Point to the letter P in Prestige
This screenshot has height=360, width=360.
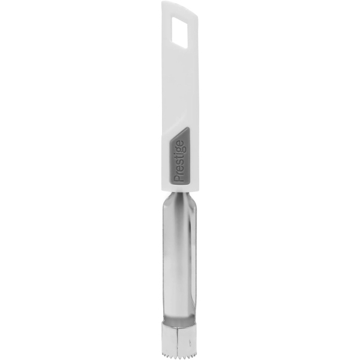coord(179,178)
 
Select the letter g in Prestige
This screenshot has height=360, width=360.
coord(179,149)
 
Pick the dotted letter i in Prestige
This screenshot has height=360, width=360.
coord(178,155)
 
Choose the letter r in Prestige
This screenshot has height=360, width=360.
coord(179,172)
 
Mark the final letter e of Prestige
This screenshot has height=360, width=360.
coord(179,144)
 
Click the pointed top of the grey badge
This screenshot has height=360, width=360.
coord(187,128)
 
